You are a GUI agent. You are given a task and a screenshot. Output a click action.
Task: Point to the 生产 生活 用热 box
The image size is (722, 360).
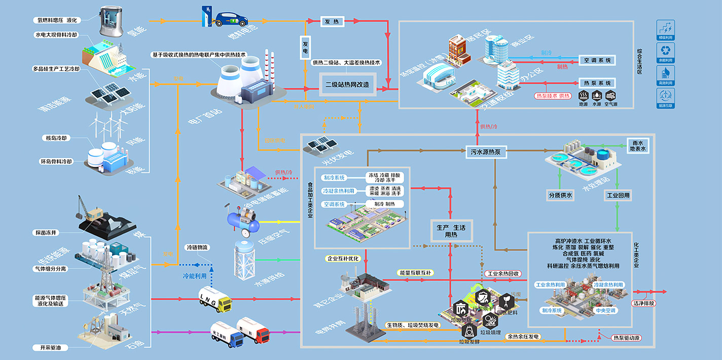point(448,231)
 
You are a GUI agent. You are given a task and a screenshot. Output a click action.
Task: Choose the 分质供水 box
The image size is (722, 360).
point(560,195)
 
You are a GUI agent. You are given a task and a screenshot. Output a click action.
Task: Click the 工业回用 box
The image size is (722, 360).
point(618,195)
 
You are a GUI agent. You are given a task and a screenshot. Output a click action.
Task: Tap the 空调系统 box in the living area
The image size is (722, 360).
point(597,60)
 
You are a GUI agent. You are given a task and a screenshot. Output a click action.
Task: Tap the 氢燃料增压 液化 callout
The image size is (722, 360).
point(56,20)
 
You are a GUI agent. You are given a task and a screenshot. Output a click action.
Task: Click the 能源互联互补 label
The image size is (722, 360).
point(415,273)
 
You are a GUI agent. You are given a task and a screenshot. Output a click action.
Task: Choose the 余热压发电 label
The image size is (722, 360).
point(523,336)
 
